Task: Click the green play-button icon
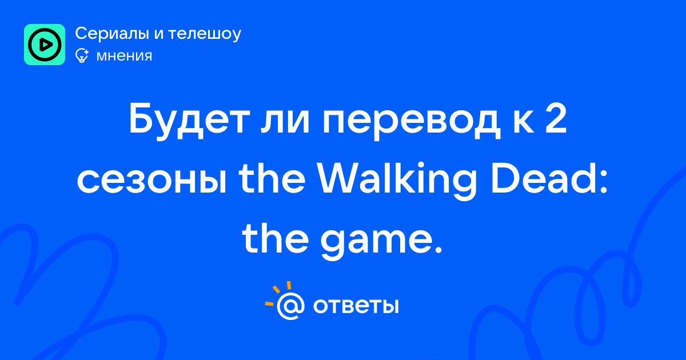click(45, 45)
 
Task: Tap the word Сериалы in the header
click(112, 33)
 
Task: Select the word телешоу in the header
click(205, 34)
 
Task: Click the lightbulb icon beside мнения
click(82, 56)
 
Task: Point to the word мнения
click(125, 57)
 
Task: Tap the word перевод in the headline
click(412, 122)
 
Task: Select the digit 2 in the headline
click(555, 118)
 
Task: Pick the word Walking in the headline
click(397, 181)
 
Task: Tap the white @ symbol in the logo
click(290, 306)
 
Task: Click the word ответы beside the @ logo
click(356, 306)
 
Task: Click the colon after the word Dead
click(603, 182)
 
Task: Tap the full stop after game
click(438, 250)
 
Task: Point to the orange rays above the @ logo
click(280, 293)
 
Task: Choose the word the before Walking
click(272, 179)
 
